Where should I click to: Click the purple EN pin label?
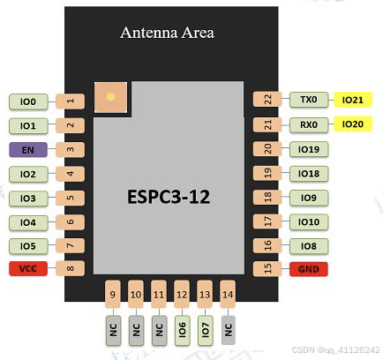28,150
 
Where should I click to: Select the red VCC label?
28,267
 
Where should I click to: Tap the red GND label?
308,267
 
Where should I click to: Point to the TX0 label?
308,101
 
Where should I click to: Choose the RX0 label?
308,125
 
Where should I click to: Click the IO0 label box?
28,101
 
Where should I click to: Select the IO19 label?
308,150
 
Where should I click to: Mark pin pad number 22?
264,101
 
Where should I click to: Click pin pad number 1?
70,101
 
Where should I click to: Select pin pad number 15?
264,267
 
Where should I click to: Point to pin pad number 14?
228,295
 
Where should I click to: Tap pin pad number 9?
112,295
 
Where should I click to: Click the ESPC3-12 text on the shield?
167,196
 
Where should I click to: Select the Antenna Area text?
167,34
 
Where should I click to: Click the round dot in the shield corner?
110,97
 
